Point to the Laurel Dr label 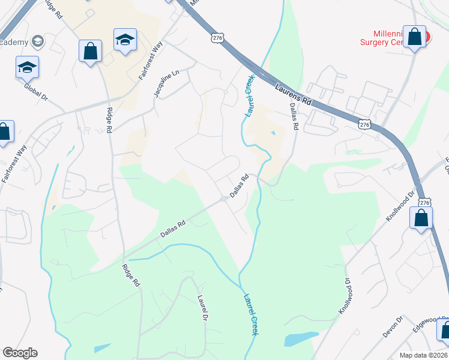tap(202, 307)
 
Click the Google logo tap(20, 353)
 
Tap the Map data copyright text tap(422, 355)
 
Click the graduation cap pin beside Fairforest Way tap(125, 40)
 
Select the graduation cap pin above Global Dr tap(28, 67)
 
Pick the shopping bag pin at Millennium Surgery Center tap(414, 37)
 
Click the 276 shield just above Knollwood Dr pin tap(424, 203)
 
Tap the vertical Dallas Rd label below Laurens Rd tap(294, 116)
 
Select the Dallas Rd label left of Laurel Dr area tap(173, 229)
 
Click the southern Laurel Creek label tap(250, 313)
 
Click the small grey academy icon tap(38, 41)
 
